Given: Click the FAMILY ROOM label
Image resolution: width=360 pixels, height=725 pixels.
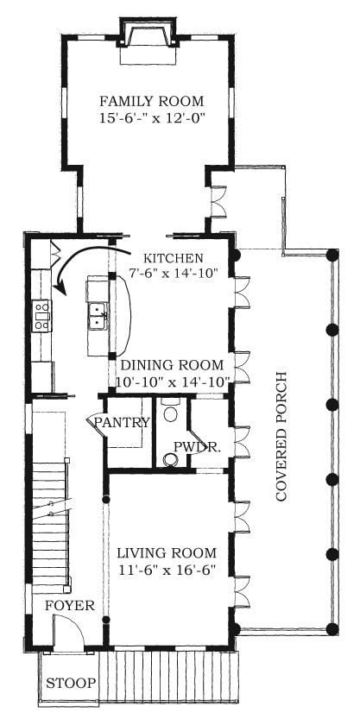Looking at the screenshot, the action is click(152, 101).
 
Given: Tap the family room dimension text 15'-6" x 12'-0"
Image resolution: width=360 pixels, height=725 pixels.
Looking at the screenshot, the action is click(152, 118).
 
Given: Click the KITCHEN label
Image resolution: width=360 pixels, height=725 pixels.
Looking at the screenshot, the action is click(173, 257).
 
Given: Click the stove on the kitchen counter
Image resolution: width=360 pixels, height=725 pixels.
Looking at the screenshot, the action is click(41, 316).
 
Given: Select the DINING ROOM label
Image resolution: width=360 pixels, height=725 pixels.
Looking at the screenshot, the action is click(172, 365).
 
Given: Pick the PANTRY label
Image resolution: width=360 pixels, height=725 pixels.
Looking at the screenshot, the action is click(122, 422).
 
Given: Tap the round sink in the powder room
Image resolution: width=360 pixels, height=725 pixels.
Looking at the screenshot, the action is click(172, 459).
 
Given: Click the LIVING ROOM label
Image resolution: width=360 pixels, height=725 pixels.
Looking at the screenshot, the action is click(167, 553).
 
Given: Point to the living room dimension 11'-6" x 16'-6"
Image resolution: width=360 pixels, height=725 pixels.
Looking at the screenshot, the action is click(167, 570).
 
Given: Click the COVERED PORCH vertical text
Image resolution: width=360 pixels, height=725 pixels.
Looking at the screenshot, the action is click(281, 436).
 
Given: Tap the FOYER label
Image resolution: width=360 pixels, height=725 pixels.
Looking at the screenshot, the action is click(70, 606).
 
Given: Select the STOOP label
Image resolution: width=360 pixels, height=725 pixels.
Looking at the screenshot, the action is click(71, 683).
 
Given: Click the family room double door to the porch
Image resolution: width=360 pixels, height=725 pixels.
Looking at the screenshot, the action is click(218, 201).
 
